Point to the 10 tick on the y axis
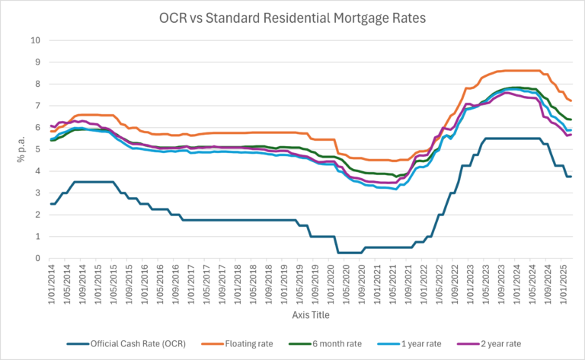(35, 40)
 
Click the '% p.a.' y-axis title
(14, 149)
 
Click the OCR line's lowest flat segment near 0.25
(349, 253)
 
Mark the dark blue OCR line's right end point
(571, 177)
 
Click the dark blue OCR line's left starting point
(51, 204)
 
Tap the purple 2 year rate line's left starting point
(51, 126)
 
